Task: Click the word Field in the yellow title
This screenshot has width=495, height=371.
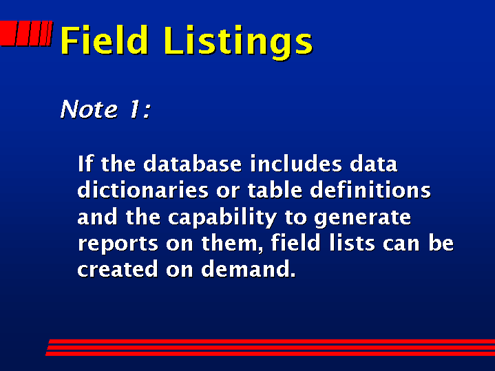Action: (x=103, y=40)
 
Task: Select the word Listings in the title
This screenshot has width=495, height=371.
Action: (x=238, y=42)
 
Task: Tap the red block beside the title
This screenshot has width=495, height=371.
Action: (x=26, y=33)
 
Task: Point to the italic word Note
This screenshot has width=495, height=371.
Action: (x=89, y=109)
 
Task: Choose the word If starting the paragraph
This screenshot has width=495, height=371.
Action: (x=85, y=164)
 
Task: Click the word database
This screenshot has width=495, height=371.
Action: (x=193, y=164)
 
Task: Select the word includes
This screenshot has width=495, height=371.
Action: (x=296, y=164)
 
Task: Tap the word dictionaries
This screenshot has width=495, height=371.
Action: (x=143, y=190)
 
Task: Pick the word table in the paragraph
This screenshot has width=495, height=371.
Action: (x=275, y=190)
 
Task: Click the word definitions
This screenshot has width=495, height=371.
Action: (x=370, y=190)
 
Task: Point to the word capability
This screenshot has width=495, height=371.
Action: (x=222, y=218)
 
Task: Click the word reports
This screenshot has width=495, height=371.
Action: (x=118, y=244)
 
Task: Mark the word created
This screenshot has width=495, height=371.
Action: (x=118, y=269)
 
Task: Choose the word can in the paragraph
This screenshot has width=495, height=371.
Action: (x=401, y=244)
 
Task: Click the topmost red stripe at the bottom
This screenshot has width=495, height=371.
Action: (x=271, y=341)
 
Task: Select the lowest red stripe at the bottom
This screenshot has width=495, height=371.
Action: (x=271, y=354)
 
